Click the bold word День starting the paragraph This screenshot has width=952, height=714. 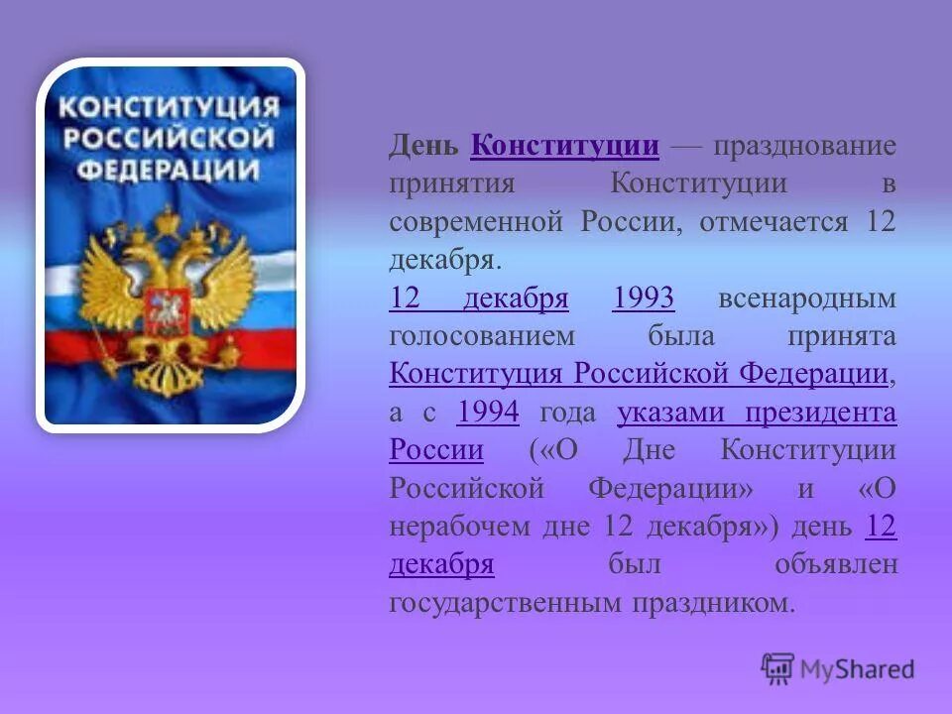point(423,147)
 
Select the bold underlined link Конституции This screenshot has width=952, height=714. point(565,147)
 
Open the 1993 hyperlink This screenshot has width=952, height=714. point(644,298)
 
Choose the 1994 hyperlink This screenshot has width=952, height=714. point(488,413)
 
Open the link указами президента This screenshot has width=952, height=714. point(756,413)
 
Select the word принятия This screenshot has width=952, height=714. point(451,184)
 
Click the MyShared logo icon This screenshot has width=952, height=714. point(778,669)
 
